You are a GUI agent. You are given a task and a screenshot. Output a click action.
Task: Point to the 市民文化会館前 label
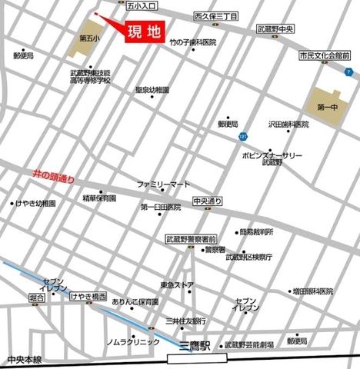(x=324, y=56)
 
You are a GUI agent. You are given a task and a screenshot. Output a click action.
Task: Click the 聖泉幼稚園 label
(x=152, y=89)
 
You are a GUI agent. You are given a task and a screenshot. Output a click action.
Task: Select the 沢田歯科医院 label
(x=288, y=123)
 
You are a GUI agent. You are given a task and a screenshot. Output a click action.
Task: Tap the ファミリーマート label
(x=163, y=184)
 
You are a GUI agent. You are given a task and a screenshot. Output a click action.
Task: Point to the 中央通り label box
(x=208, y=201)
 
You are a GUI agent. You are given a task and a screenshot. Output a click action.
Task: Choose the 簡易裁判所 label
(x=257, y=231)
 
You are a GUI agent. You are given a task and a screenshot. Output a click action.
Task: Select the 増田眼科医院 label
(x=312, y=292)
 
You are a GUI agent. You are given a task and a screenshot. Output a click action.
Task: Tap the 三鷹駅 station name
(x=192, y=346)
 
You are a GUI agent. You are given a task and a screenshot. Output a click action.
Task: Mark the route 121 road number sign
(x=243, y=137)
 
